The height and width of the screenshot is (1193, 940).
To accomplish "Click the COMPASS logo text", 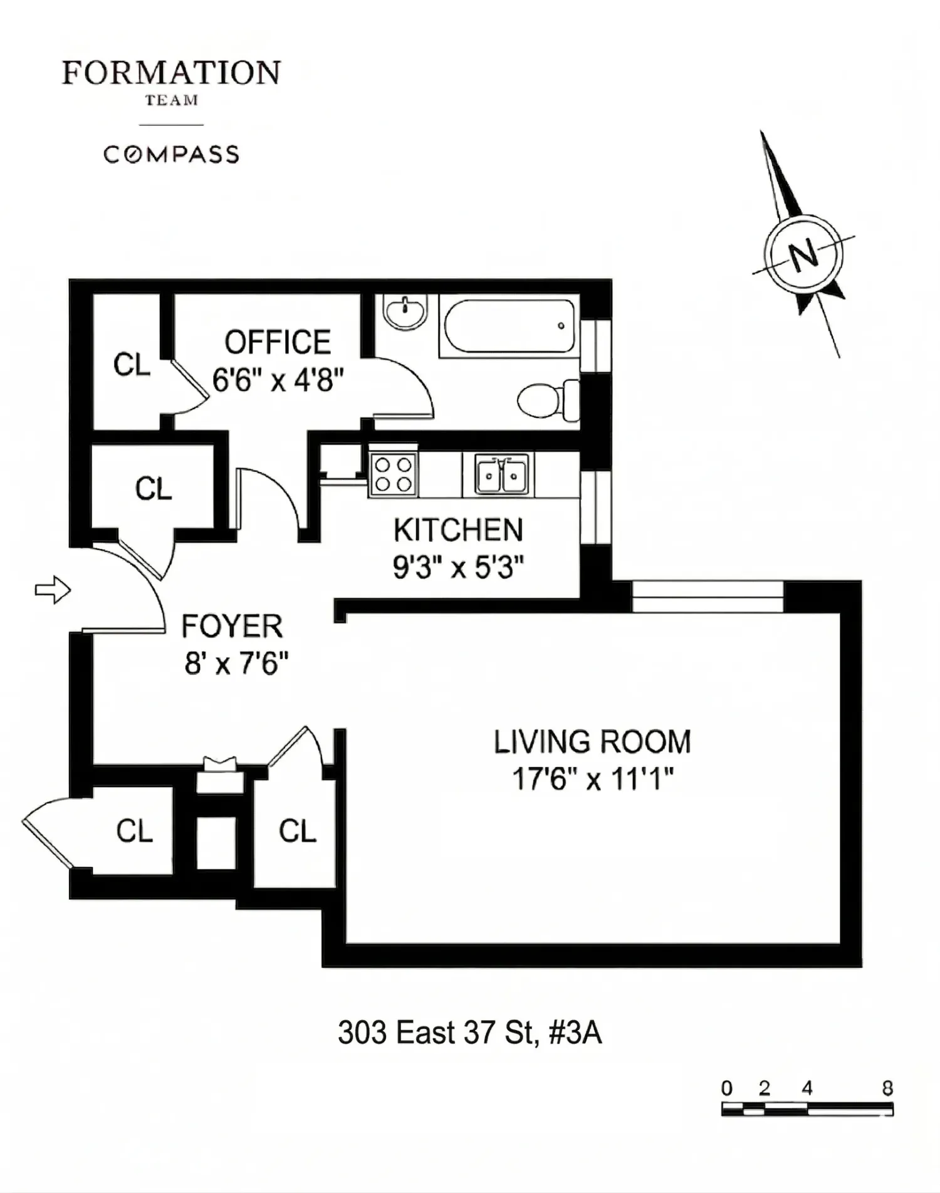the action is (171, 154).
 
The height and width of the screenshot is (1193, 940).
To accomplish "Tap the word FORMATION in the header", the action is (171, 73).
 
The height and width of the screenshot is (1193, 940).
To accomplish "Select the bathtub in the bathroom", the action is (509, 326).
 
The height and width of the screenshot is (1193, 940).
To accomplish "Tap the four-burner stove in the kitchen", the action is (393, 474).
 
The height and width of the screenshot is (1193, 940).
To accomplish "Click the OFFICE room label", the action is (278, 343).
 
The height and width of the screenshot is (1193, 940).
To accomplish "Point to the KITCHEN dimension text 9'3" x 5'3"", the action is (458, 568).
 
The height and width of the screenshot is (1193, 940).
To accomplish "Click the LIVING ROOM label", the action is (592, 742).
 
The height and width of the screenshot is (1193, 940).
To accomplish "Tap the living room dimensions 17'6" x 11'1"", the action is (592, 779).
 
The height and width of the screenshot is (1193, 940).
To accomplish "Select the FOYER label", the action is (232, 627).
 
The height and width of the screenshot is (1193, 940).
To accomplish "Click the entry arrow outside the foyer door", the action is (53, 590).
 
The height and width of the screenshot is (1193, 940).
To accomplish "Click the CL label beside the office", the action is (132, 364).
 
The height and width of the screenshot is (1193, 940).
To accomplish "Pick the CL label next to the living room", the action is (298, 831).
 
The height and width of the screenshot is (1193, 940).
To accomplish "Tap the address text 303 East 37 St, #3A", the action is (470, 1033).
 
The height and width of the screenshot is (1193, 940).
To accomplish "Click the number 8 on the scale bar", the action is (887, 1088).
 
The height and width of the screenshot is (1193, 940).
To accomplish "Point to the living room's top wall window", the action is (708, 596).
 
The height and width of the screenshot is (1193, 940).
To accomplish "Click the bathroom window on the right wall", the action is (595, 346).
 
